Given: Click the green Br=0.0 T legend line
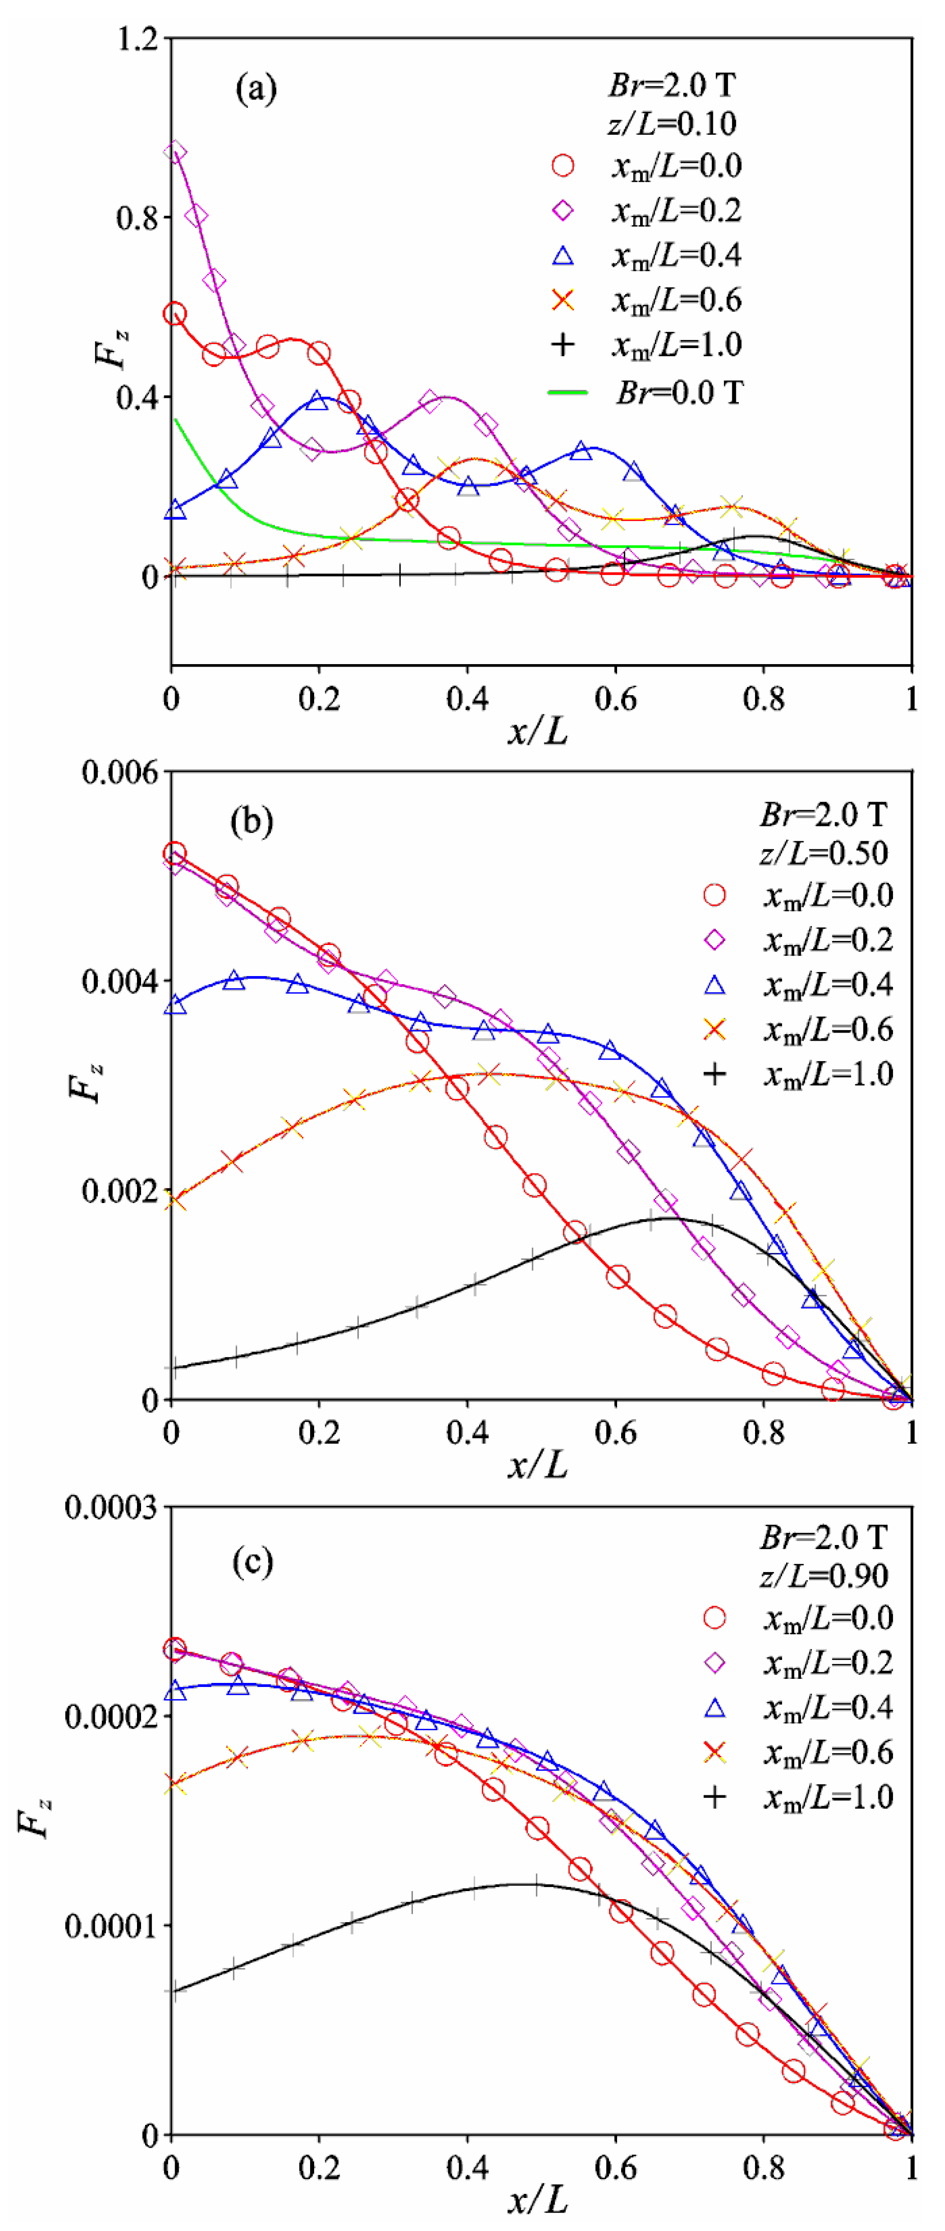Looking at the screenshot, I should [567, 392].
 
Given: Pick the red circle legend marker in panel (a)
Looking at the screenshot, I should [563, 165].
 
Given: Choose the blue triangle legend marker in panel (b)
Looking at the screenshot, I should [714, 985].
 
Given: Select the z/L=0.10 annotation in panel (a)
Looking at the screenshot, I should [671, 124].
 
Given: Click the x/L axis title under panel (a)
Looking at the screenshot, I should [538, 732].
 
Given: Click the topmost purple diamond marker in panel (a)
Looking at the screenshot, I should [175, 153].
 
